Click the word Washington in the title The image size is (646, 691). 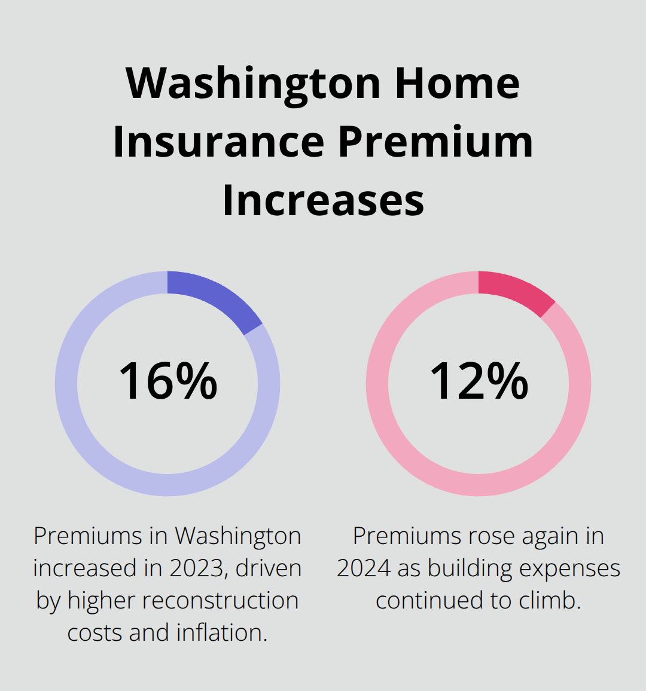(253, 84)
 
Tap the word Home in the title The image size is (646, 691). (457, 84)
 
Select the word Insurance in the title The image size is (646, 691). (218, 142)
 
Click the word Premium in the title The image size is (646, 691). (435, 142)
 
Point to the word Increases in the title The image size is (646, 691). (323, 200)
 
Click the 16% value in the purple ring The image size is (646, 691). (168, 381)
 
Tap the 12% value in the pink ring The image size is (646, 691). (479, 381)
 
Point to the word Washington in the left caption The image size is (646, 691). (238, 536)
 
